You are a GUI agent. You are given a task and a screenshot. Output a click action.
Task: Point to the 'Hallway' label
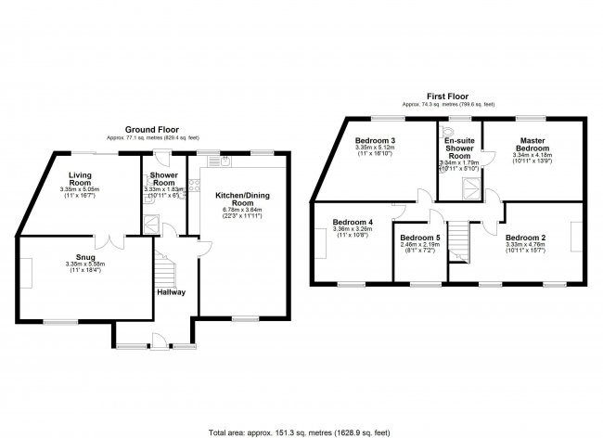click(171, 292)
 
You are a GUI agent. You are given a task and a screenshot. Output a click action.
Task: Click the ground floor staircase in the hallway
click(168, 269)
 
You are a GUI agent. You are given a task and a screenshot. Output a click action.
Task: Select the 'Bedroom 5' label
click(419, 238)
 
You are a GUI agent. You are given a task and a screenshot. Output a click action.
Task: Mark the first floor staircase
click(460, 243)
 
